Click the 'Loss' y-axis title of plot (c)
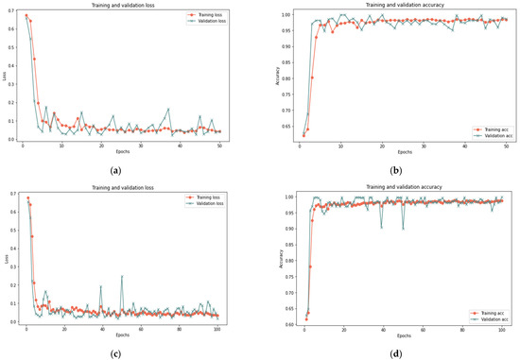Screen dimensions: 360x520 pyautogui.click(x=4, y=258)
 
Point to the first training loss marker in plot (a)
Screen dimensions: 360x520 pyautogui.click(x=26, y=15)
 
